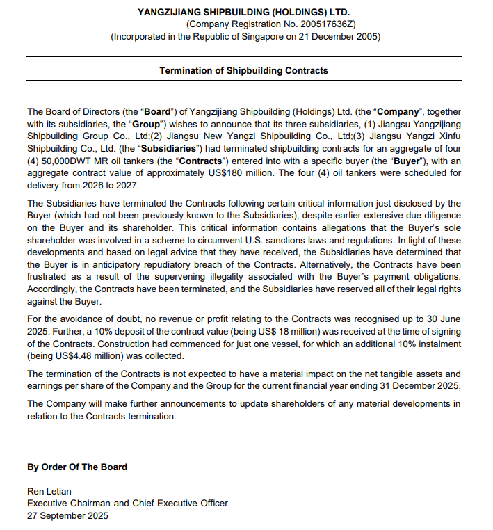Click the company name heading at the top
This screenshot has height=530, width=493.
(244, 12)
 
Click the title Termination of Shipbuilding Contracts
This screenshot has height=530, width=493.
(243, 70)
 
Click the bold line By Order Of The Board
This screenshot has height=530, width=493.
(77, 467)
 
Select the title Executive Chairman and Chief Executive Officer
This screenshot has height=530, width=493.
(127, 504)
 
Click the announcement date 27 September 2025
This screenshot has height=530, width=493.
(67, 516)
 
